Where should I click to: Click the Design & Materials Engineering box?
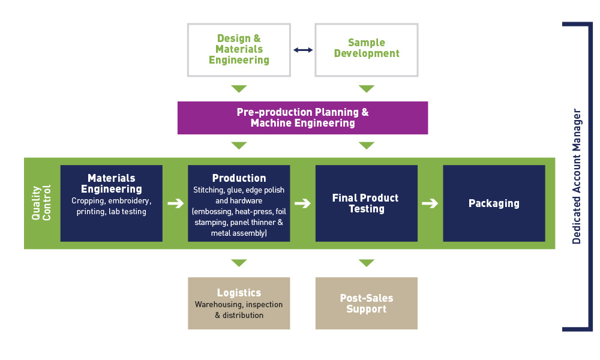point(239,50)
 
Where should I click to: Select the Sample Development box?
point(367,50)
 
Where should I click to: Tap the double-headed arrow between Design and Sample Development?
point(303,50)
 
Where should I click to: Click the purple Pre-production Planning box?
point(302,118)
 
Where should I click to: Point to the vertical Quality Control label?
point(41,203)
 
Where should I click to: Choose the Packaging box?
point(494,203)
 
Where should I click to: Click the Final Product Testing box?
point(367,203)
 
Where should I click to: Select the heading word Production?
point(239,178)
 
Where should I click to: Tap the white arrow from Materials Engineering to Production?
point(176,203)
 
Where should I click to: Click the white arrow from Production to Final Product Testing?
point(302,203)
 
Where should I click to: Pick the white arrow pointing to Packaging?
point(430,203)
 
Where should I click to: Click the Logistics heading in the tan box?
point(239,293)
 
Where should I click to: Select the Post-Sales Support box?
point(367,304)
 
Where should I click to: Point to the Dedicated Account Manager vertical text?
point(577,176)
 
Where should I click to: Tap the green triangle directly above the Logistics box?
point(239,263)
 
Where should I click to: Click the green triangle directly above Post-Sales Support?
point(367,263)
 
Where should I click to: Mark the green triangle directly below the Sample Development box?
point(367,89)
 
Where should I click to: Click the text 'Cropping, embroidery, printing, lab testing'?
point(112,206)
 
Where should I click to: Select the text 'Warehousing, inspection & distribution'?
point(239,310)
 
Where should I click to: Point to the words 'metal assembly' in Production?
point(238,233)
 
